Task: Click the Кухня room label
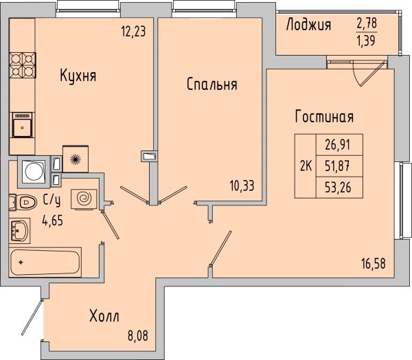point(78,76)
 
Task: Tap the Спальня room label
point(211,85)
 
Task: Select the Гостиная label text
point(324,117)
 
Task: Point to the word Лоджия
point(308,25)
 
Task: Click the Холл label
point(104,316)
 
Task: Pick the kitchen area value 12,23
point(133,32)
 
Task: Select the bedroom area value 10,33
point(242,186)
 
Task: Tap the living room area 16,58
point(374,264)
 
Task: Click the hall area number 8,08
point(138,336)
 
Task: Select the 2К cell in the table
point(306,166)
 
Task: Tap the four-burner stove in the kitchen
point(23,65)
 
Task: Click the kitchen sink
point(22,125)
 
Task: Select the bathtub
point(45,262)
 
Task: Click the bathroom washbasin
point(20,230)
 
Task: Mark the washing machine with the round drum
point(34,172)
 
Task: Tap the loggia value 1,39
point(367,41)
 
